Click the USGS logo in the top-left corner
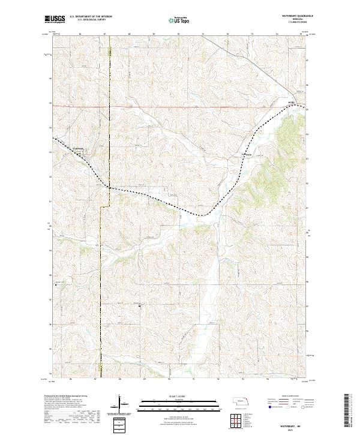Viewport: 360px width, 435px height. [x=55, y=19]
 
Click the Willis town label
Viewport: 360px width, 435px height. [x=292, y=103]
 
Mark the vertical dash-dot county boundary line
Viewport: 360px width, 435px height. [x=100, y=270]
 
